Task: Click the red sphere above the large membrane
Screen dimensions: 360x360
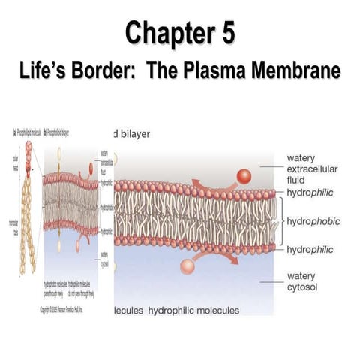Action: tap(244, 177)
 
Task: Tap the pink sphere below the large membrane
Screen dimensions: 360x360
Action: tap(187, 265)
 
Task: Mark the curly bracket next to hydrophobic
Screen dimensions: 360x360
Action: tap(282, 223)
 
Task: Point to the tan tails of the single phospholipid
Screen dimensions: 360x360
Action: tap(28, 225)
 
